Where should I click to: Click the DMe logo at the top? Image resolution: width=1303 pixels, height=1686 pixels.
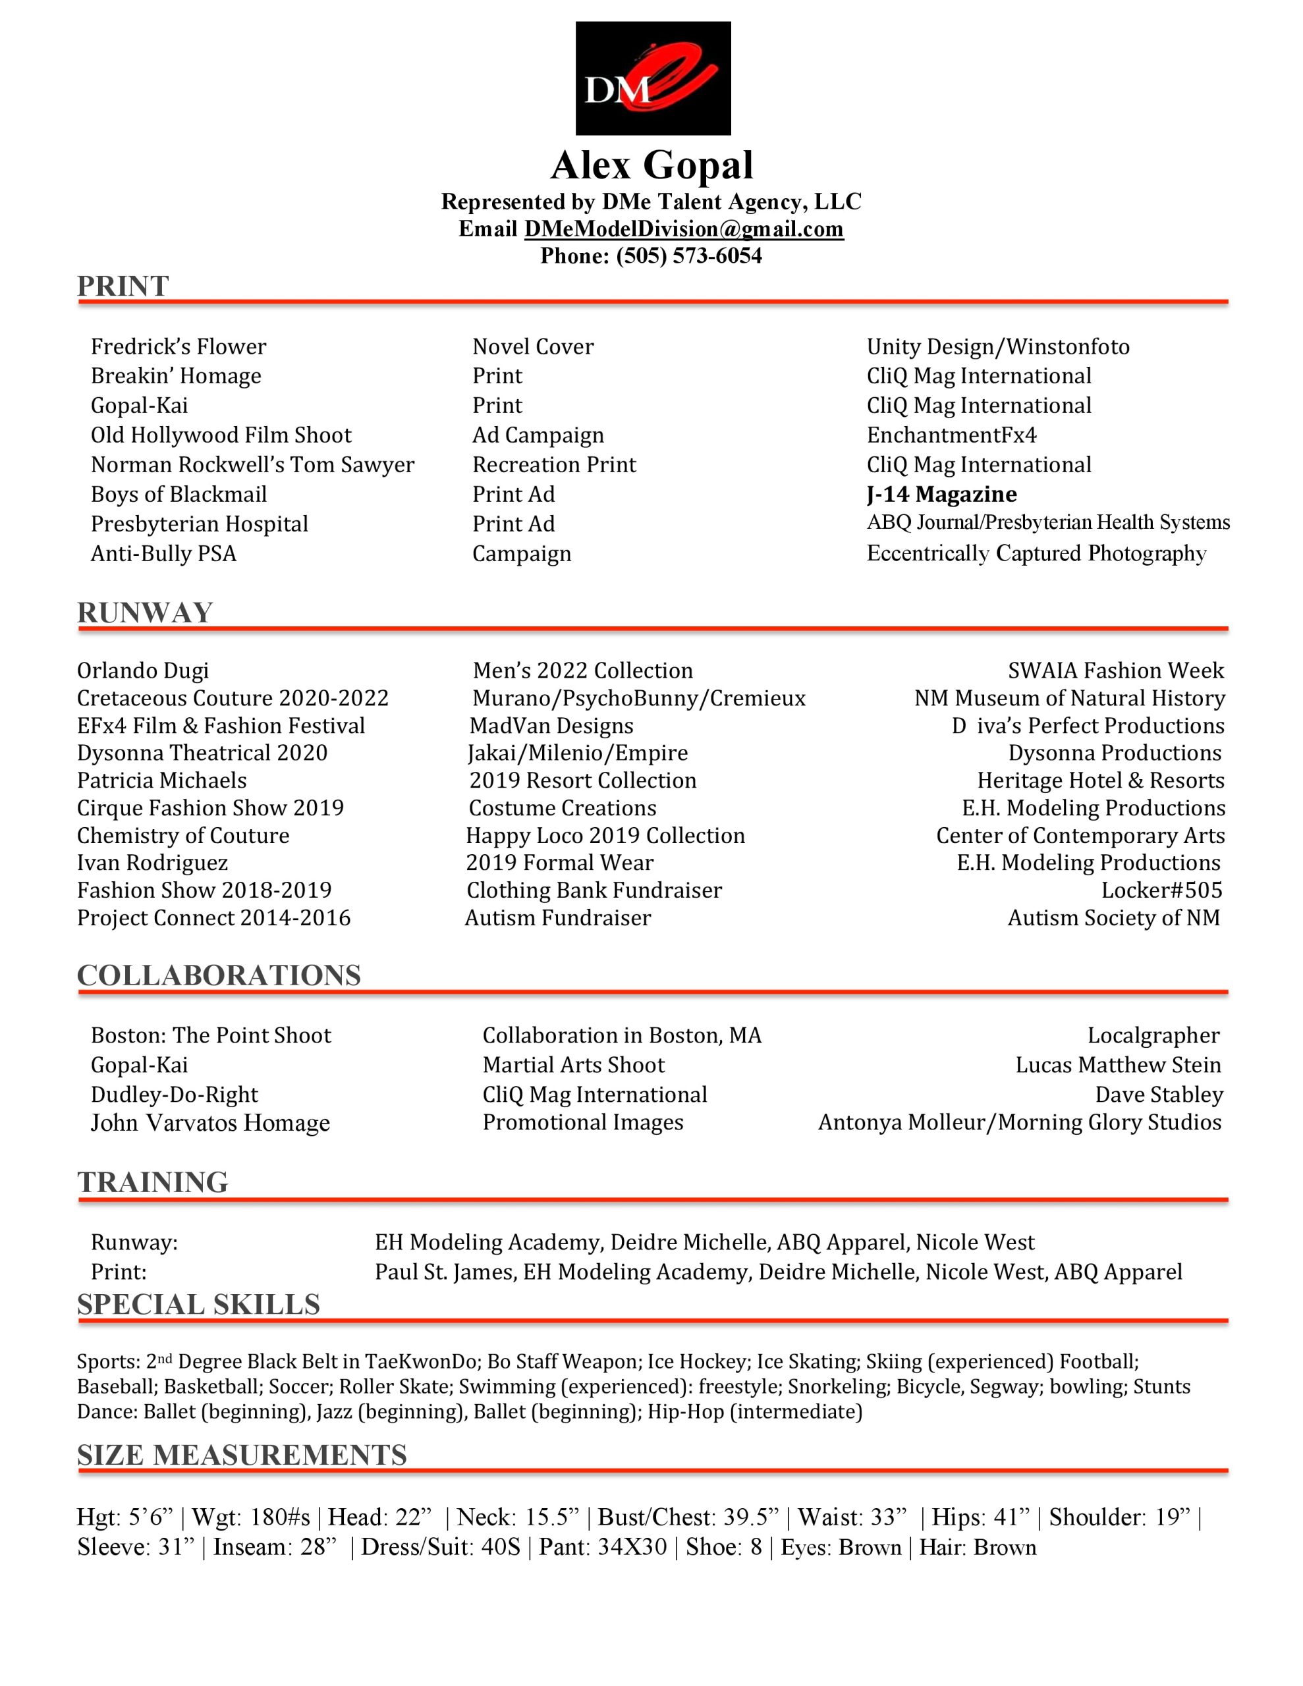(653, 78)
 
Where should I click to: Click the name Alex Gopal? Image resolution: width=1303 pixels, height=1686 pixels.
(651, 165)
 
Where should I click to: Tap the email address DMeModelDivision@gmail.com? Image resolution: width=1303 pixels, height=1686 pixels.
(684, 229)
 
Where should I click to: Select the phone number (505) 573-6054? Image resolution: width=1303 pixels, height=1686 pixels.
(688, 256)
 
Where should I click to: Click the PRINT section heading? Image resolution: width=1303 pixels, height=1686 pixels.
(123, 286)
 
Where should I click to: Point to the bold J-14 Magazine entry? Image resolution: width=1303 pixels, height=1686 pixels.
(941, 494)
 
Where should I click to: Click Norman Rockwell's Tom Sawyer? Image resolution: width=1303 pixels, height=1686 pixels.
(252, 465)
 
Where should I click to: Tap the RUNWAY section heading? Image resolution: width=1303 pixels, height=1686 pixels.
(144, 613)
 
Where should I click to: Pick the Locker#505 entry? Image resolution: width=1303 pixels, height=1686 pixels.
(1161, 890)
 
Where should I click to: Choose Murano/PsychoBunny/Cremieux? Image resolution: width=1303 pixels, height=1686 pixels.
(639, 699)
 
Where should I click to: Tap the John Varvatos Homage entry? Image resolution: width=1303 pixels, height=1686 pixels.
(210, 1122)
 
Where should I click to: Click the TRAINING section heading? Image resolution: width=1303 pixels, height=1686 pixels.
(152, 1183)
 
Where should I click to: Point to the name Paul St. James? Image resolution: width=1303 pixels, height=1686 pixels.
(445, 1272)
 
